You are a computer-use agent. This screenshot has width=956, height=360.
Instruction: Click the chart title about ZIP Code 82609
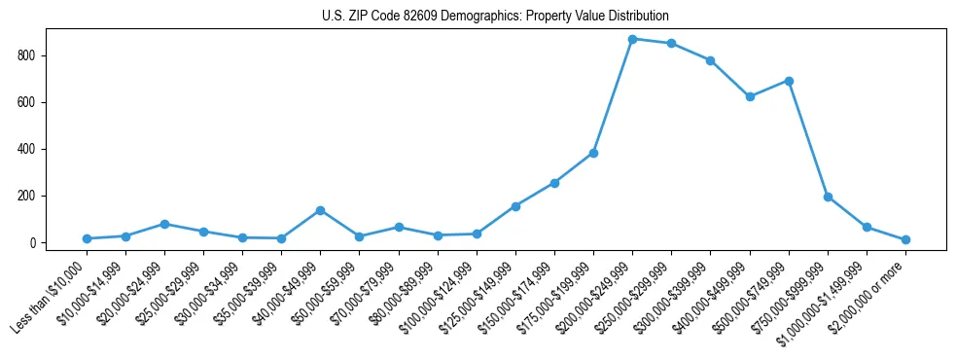(x=495, y=17)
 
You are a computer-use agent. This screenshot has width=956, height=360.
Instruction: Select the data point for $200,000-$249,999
(x=632, y=39)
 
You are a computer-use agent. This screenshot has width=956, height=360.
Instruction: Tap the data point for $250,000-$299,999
(x=671, y=44)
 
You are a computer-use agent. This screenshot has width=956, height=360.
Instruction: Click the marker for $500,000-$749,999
(x=789, y=81)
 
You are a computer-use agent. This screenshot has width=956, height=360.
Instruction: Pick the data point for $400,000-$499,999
(x=750, y=96)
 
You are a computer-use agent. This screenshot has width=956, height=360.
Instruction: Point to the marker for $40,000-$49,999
(x=320, y=210)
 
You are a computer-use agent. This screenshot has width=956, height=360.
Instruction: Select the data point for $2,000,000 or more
(x=905, y=239)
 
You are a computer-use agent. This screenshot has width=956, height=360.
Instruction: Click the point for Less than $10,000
(x=87, y=238)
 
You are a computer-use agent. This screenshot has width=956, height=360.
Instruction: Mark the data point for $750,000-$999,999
(x=828, y=197)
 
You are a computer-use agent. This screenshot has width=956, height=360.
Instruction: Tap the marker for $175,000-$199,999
(x=593, y=153)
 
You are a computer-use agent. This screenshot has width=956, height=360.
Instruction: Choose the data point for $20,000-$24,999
(x=164, y=224)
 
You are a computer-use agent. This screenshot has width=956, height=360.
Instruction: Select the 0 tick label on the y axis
(x=32, y=242)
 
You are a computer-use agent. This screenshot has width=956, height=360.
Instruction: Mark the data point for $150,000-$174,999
(x=554, y=183)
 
